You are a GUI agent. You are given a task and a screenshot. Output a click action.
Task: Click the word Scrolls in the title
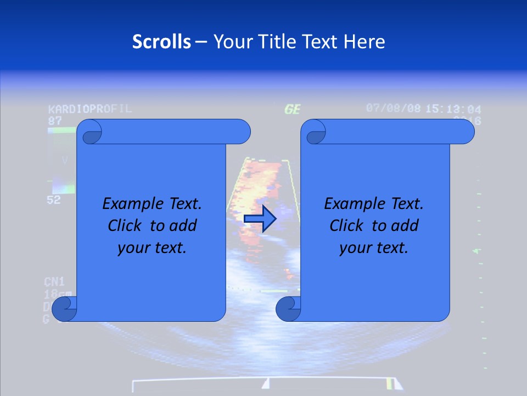162,42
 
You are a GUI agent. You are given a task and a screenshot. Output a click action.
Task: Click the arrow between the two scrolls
260,218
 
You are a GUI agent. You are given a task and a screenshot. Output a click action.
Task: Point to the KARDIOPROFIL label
90,108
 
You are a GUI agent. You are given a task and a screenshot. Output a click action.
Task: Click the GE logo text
292,109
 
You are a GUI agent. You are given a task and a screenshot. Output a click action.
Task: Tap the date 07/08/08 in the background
393,108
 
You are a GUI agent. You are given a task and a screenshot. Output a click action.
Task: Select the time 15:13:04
453,109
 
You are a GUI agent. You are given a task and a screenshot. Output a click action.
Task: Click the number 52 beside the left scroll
53,200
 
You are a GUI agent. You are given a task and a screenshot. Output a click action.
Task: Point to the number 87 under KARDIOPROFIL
55,120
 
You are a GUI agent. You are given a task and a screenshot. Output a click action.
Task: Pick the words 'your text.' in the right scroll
373,248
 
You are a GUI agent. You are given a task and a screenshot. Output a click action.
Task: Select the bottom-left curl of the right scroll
288,309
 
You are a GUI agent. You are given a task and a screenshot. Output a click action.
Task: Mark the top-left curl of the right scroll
315,133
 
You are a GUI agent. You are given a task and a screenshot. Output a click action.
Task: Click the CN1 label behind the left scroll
54,282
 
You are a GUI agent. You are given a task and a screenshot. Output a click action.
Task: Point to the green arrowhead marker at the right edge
477,251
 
